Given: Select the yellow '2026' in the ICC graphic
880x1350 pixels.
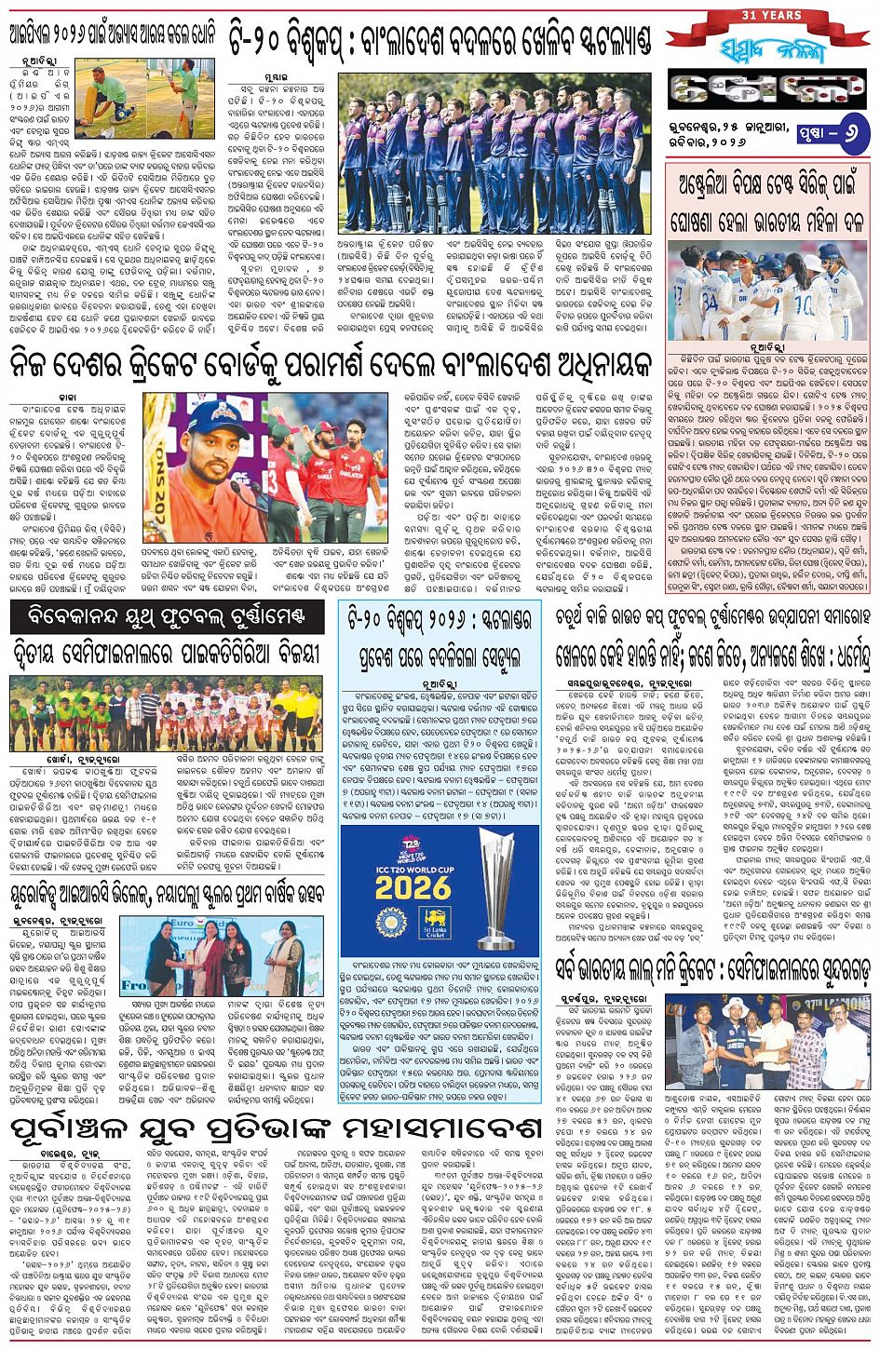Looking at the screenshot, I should [x=412, y=886].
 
